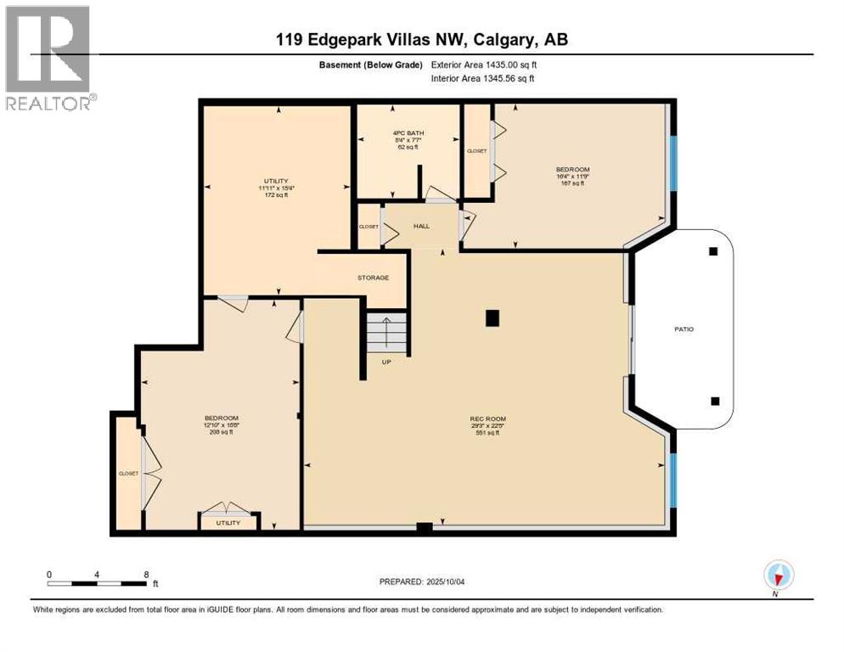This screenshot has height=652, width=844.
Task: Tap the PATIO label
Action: pyautogui.click(x=684, y=329)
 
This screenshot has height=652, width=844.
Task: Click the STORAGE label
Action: pyautogui.click(x=373, y=278)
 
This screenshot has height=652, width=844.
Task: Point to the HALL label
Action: pyautogui.click(x=422, y=227)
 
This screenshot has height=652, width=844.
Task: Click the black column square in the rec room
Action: pyautogui.click(x=492, y=318)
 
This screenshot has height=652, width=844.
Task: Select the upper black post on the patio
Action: pyautogui.click(x=713, y=251)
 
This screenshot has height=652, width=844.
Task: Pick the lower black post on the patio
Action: pyautogui.click(x=715, y=402)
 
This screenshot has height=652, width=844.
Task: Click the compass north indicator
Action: pyautogui.click(x=777, y=576)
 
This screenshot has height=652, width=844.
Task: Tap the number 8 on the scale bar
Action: pyautogui.click(x=146, y=575)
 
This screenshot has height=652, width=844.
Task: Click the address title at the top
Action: pyautogui.click(x=421, y=40)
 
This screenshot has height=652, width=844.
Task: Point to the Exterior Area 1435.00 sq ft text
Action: pyautogui.click(x=482, y=65)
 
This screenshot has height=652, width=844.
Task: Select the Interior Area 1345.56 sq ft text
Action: pyautogui.click(x=482, y=79)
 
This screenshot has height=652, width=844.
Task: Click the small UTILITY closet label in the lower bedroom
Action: pyautogui.click(x=228, y=523)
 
